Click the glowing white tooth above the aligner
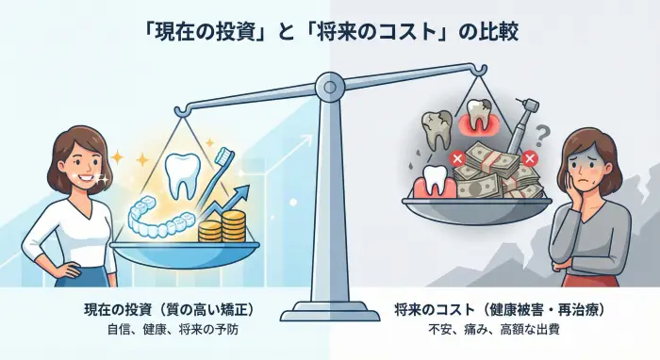[179, 176]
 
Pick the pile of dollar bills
[495, 170]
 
